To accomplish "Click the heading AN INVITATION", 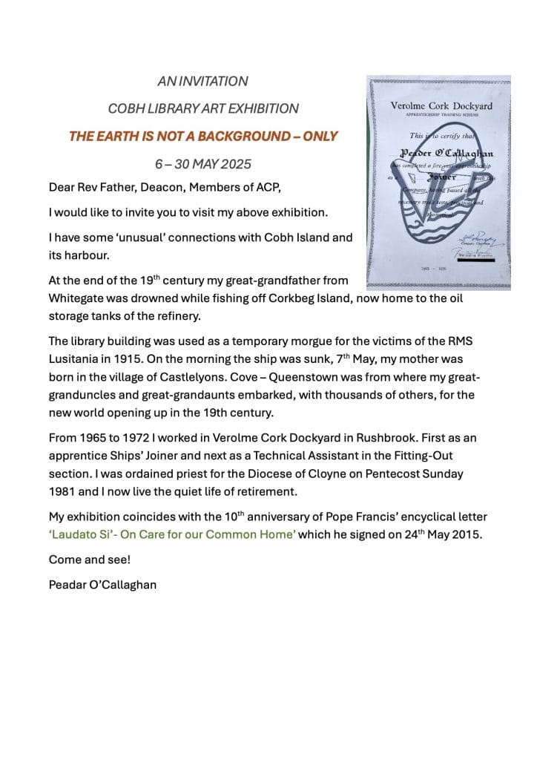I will tap(202, 82).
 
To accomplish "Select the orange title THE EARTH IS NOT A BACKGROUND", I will tap(202, 137).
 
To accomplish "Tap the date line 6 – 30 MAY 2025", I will tap(202, 164).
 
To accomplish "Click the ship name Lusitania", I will tap(75, 358).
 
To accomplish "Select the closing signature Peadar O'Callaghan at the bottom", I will tap(102, 583).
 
